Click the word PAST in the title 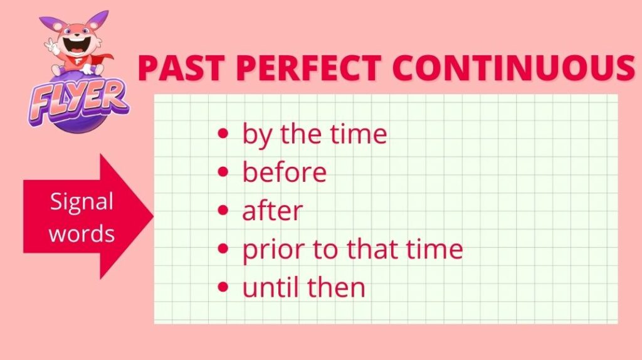click(181, 67)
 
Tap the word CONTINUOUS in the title click(513, 67)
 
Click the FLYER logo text click(78, 101)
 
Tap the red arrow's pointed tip click(154, 216)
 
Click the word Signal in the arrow click(82, 202)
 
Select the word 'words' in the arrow click(82, 233)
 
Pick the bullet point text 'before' click(285, 171)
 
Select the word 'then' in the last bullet click(336, 287)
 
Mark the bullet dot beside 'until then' click(223, 287)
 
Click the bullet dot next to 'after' click(223, 210)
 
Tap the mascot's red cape click(102, 61)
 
